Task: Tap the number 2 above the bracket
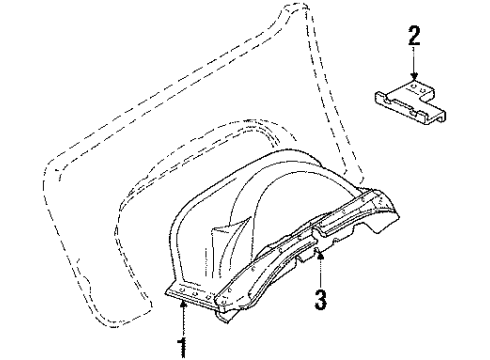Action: [413, 37]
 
